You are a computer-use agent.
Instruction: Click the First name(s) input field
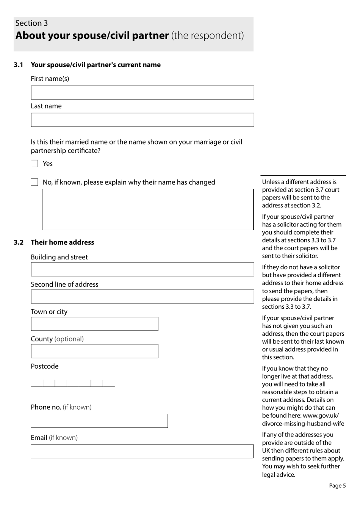[x=142, y=93]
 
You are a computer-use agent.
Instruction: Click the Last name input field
[x=142, y=120]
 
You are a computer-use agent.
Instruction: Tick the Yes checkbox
[x=34, y=163]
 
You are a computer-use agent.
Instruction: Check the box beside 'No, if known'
[x=34, y=182]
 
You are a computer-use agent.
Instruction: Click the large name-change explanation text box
[x=148, y=209]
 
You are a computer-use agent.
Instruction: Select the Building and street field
[x=142, y=269]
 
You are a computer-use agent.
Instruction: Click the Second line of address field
[x=142, y=297]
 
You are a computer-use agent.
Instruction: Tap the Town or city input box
[x=94, y=324]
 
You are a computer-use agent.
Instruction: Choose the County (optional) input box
[x=94, y=351]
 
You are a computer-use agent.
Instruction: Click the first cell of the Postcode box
[x=37, y=380]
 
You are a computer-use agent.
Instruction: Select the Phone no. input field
[x=99, y=421]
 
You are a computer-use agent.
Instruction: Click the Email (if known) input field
[x=142, y=451]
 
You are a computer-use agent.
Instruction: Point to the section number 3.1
[x=19, y=65]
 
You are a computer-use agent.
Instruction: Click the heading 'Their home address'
[x=63, y=242]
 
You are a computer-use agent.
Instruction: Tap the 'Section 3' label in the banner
[x=31, y=23]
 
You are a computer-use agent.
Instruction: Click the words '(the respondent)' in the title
[x=208, y=36]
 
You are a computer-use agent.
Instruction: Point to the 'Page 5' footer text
[x=337, y=485]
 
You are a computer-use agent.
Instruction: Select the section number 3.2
[x=19, y=242]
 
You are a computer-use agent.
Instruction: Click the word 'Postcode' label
[x=45, y=366]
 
